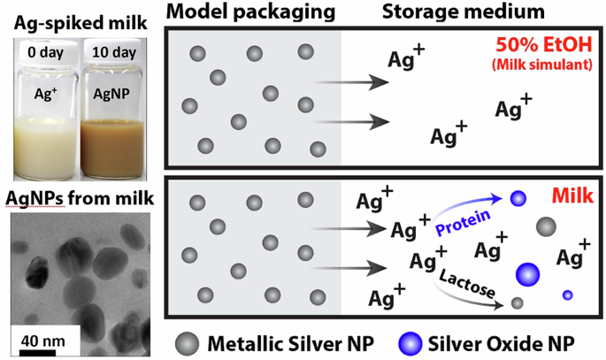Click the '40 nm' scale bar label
click(x=42, y=338)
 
